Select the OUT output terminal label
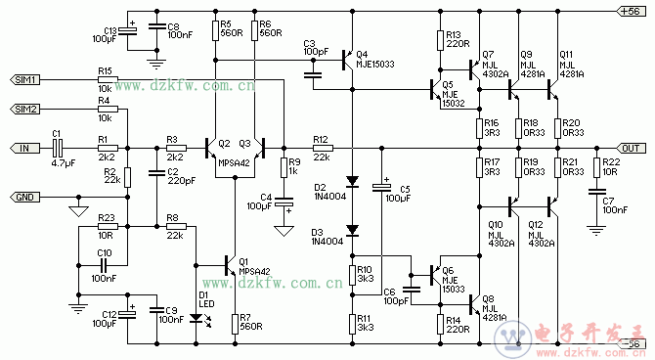pos(631,148)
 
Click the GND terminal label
pos(23,197)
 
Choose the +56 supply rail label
pos(631,11)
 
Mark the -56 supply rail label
pos(631,343)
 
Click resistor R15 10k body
pos(106,79)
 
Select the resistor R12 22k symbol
pos(321,148)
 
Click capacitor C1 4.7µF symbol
pos(58,148)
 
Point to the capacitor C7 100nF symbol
pos(596,202)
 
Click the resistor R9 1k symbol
pos(283,166)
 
